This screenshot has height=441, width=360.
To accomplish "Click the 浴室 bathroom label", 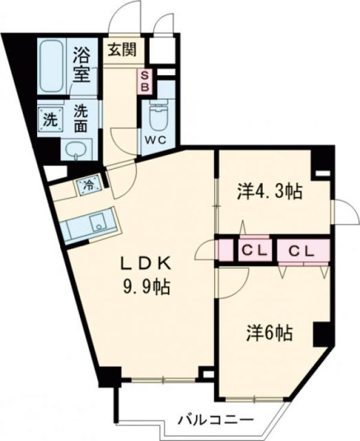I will (82, 64).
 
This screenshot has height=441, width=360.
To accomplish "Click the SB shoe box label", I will (145, 82).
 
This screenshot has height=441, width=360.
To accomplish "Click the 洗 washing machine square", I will (49, 118).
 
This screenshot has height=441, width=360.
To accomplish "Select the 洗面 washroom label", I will (81, 119).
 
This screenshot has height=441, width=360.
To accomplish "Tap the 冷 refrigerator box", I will (88, 184).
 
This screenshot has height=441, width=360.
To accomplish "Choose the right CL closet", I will (300, 249).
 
